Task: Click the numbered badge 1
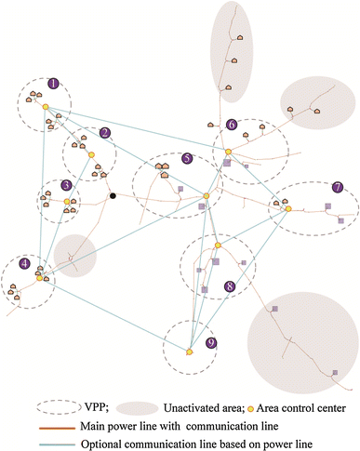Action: (x=53, y=83)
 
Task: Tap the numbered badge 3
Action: (x=66, y=185)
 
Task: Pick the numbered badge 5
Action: (x=188, y=159)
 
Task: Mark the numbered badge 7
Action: (x=337, y=187)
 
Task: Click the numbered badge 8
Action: (x=229, y=288)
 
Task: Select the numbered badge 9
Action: (x=212, y=343)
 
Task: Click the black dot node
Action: (x=113, y=196)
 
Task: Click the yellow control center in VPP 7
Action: (x=288, y=208)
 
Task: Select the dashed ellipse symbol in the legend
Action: (x=57, y=407)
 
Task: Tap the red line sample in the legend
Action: (x=57, y=424)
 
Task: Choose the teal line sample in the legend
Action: (x=57, y=441)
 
